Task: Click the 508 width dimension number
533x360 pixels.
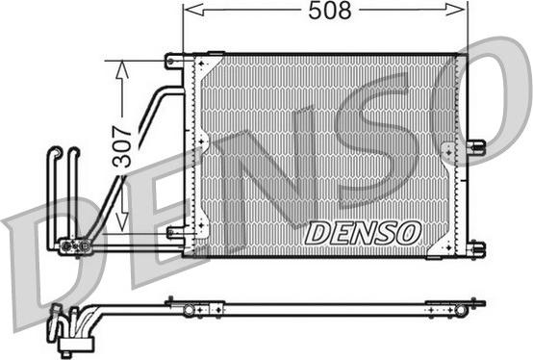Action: [329, 11]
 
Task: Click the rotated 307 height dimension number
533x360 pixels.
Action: [121, 147]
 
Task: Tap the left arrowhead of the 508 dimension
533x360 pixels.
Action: [194, 10]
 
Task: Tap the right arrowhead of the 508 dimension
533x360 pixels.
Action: [456, 10]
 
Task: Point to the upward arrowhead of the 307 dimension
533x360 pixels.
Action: [122, 70]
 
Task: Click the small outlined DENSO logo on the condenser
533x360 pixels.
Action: [363, 233]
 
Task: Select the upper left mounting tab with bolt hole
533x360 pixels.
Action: [175, 62]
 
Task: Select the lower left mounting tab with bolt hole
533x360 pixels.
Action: [176, 233]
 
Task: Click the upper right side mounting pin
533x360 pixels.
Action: [476, 146]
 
